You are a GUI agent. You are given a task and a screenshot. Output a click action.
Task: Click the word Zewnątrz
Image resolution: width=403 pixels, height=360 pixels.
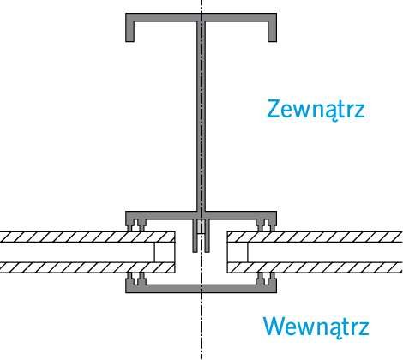tap(316, 109)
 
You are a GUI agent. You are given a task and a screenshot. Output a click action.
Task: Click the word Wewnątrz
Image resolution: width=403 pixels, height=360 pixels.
tap(316, 327)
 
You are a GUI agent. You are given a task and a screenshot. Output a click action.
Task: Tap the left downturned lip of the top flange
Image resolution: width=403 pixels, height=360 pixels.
tap(129, 32)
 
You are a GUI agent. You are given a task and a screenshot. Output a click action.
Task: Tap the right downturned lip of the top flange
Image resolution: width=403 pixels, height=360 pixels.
tap(273, 32)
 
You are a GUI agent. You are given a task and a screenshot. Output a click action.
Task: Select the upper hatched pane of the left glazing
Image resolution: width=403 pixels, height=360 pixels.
tap(87, 237)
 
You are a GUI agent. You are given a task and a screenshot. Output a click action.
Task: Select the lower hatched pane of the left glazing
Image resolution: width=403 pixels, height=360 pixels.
tap(87, 267)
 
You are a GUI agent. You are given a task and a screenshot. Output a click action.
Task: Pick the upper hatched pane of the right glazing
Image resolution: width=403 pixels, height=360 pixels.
tap(315, 237)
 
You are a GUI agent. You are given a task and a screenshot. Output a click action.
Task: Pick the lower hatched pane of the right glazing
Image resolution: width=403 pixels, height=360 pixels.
tap(315, 267)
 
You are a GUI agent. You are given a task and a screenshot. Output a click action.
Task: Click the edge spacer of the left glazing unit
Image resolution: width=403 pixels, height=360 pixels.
tap(165, 252)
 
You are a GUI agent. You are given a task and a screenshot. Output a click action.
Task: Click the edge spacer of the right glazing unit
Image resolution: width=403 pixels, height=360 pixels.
tap(238, 252)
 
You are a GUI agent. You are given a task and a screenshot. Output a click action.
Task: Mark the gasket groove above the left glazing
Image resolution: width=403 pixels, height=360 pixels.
tap(135, 225)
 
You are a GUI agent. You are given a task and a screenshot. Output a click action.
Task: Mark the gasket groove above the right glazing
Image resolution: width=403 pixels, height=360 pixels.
tap(266, 225)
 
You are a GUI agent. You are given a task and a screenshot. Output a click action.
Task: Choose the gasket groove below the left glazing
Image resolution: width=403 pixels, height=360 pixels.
tap(135, 279)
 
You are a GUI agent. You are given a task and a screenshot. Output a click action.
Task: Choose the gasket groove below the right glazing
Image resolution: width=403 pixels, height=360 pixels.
tap(266, 279)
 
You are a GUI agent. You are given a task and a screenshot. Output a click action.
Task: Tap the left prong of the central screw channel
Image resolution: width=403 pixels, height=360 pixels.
tap(195, 236)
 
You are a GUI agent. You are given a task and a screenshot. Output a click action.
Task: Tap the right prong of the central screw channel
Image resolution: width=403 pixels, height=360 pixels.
tap(208, 236)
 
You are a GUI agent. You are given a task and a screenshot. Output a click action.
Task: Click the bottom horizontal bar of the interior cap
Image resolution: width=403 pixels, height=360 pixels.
tap(201, 289)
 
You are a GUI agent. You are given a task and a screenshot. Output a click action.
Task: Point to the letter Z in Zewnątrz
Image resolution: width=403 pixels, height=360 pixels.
tap(274, 109)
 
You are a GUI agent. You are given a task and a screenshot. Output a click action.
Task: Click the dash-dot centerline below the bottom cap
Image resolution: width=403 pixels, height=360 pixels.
tap(201, 327)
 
